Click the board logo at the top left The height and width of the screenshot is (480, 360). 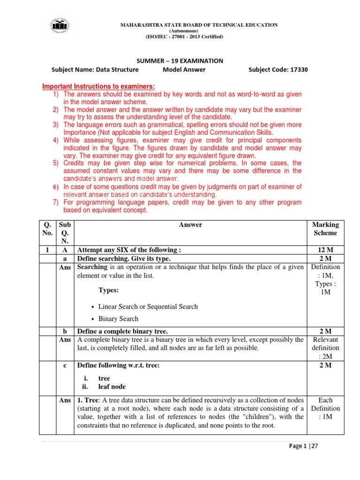[x=59, y=28]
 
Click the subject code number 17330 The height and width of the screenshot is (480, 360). [x=299, y=70]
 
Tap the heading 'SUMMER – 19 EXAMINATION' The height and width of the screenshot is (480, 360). [x=180, y=61]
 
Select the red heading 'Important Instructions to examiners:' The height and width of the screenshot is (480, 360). [x=98, y=87]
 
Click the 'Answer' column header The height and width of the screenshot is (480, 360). [x=190, y=225]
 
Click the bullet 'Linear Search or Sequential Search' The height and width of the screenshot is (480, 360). [x=148, y=307]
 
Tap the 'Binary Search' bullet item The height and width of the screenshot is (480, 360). [x=119, y=319]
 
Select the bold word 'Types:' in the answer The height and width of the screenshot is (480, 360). [x=108, y=291]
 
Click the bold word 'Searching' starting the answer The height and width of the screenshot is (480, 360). [x=93, y=267]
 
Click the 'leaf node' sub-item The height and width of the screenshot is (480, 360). [x=112, y=387]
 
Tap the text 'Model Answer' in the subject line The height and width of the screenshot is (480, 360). [x=184, y=70]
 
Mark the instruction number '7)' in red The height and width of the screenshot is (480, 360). [x=55, y=202]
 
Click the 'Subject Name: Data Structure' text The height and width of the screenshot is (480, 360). [x=95, y=70]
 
